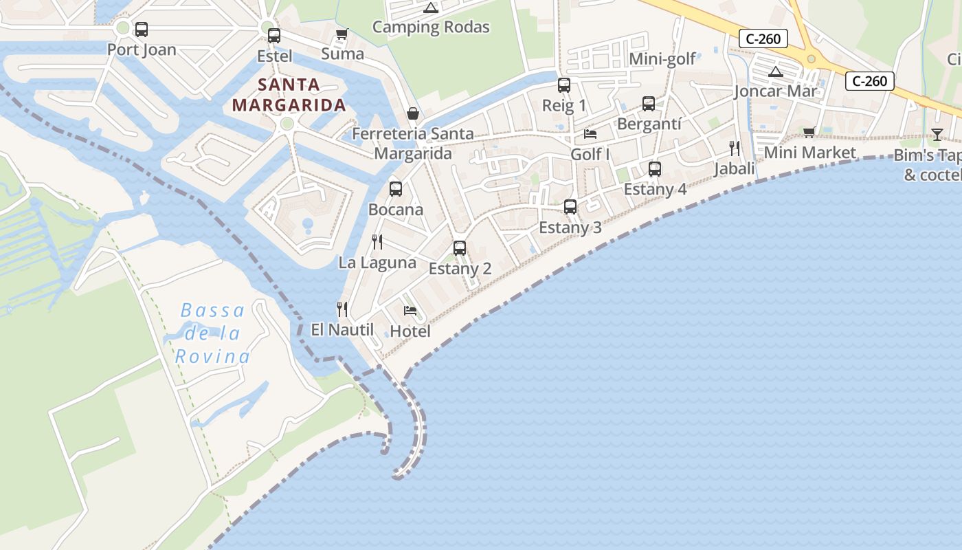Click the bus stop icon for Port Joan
tap(141, 30)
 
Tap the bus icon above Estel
tap(274, 35)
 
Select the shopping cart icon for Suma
tap(342, 34)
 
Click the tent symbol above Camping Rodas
tap(431, 8)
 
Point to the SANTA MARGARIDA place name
tap(289, 95)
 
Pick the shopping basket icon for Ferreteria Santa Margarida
tap(413, 113)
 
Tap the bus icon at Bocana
tap(396, 188)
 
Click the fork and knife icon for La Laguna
tap(377, 242)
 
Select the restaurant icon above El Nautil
tap(342, 309)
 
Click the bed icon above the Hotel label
tap(410, 311)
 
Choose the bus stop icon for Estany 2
tap(460, 248)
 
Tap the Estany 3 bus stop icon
tap(570, 206)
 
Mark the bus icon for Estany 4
tap(655, 168)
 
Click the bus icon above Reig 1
tap(564, 85)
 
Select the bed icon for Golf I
tap(590, 133)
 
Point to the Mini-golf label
tap(662, 59)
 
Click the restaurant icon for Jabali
tap(735, 148)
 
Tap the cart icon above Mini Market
tap(809, 132)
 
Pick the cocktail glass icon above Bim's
tap(937, 134)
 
